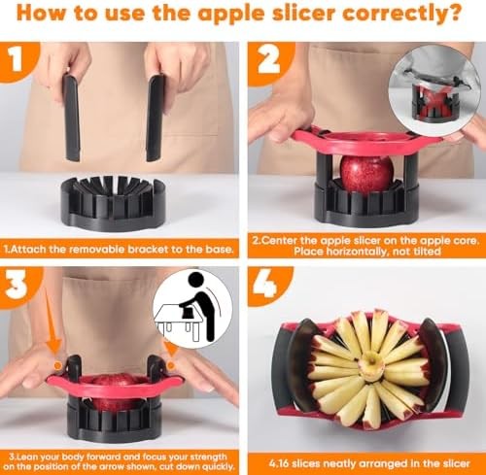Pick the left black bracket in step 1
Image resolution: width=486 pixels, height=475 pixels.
pos(72,117)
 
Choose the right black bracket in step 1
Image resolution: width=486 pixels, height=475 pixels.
pos(156,118)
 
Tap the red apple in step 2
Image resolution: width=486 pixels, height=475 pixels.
pos(366,173)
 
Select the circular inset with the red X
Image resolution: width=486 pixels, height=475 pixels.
pos(434,94)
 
